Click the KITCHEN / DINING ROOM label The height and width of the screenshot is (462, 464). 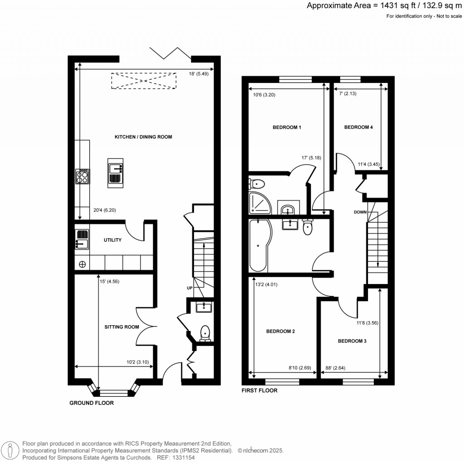[143, 137]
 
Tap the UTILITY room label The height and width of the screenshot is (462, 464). [112, 240]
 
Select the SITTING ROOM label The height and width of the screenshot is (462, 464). [121, 327]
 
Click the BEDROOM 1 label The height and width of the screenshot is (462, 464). [287, 127]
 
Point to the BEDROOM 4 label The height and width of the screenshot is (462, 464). [358, 127]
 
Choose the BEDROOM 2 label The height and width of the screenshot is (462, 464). [280, 331]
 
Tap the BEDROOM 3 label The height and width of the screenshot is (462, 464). [352, 341]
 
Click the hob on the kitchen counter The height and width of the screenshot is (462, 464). [82, 176]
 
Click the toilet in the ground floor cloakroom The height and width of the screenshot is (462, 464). [205, 333]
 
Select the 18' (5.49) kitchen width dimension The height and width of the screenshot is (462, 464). [199, 74]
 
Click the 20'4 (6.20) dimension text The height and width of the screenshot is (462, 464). [105, 210]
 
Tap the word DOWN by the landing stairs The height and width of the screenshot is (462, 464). [361, 212]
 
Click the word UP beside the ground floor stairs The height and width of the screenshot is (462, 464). [189, 288]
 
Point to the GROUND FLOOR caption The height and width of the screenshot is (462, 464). [92, 403]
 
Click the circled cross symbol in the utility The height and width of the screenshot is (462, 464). [82, 264]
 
